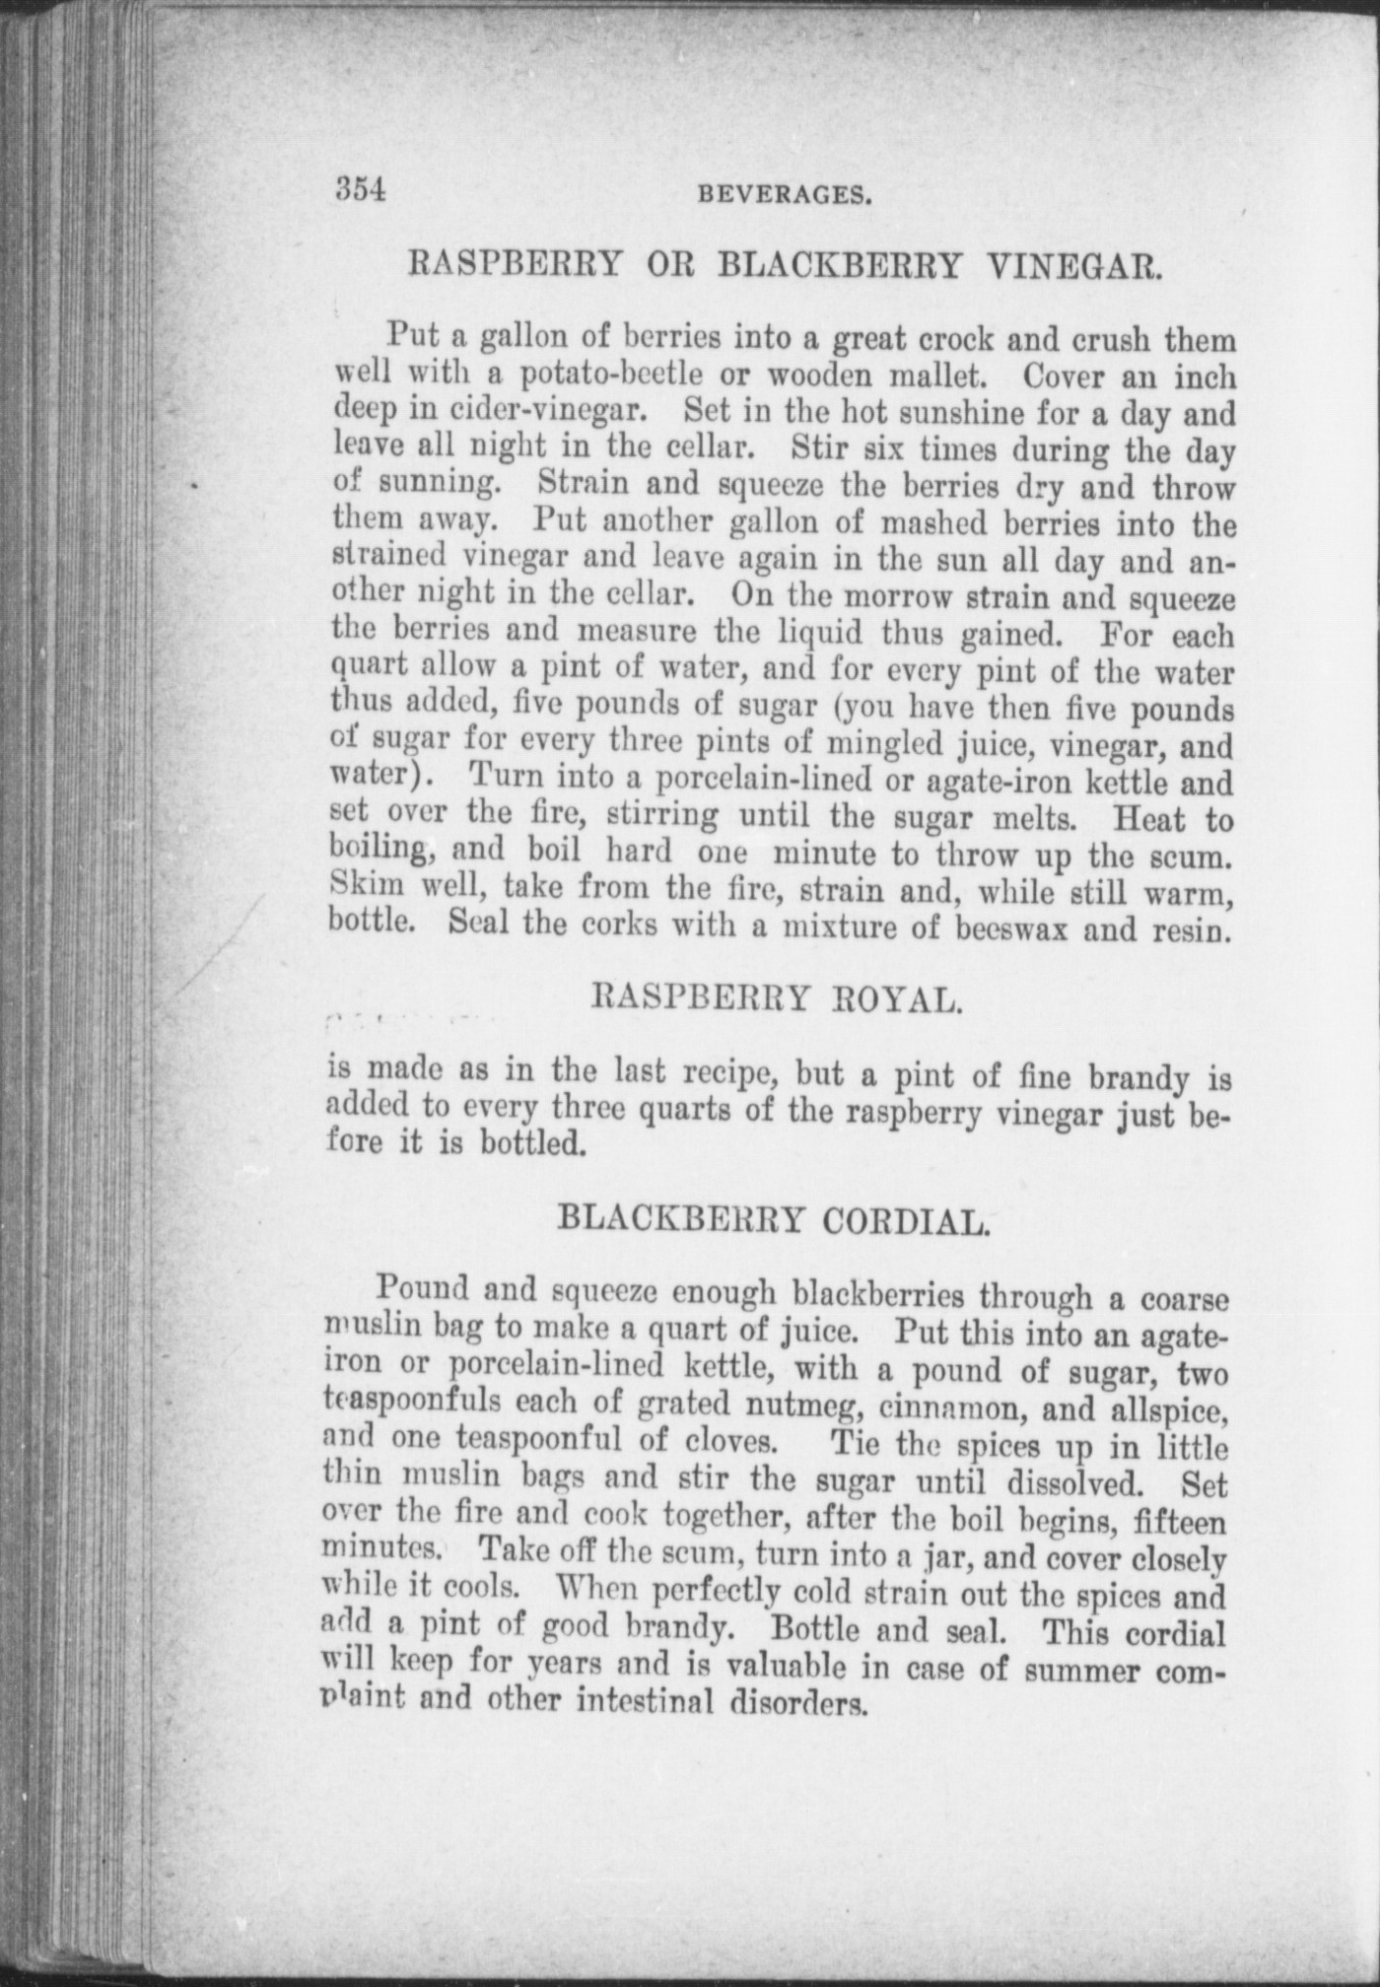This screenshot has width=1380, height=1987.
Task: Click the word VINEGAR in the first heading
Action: [1069, 265]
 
